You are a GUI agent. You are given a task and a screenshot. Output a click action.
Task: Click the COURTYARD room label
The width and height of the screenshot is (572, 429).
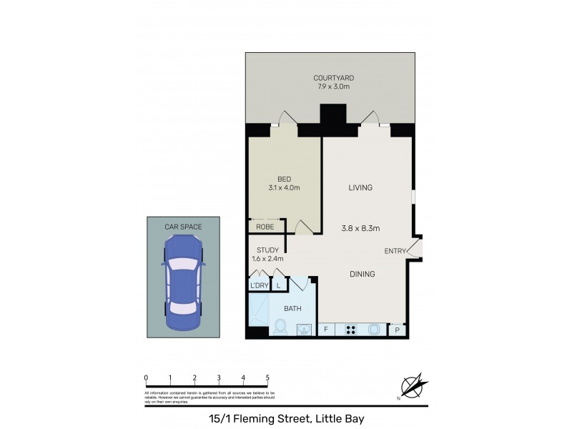tap(334, 78)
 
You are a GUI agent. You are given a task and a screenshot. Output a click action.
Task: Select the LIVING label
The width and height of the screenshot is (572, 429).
tap(361, 188)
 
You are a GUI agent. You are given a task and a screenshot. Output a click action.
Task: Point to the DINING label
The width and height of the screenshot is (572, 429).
tap(363, 274)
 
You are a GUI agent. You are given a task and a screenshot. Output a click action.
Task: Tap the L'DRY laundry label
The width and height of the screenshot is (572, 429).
tap(258, 286)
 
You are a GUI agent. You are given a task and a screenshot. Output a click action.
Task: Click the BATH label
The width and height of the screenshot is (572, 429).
tap(292, 309)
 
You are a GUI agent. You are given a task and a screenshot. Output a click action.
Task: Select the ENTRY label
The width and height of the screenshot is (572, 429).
tap(395, 250)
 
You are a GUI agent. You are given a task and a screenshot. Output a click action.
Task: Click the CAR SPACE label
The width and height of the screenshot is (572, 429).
tap(183, 227)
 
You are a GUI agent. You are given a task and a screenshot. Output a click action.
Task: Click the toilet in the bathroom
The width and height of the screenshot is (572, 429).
tap(281, 329)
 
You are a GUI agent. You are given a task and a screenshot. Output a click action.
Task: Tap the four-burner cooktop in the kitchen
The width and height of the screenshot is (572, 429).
tap(352, 330)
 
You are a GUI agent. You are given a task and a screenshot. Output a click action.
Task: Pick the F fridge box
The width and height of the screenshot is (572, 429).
tap(326, 330)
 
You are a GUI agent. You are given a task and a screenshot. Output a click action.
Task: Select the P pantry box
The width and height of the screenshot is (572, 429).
tap(398, 330)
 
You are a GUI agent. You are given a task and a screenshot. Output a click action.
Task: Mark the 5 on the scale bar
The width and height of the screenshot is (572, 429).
tap(267, 378)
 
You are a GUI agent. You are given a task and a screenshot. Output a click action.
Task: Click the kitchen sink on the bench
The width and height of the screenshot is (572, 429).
tap(375, 330)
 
